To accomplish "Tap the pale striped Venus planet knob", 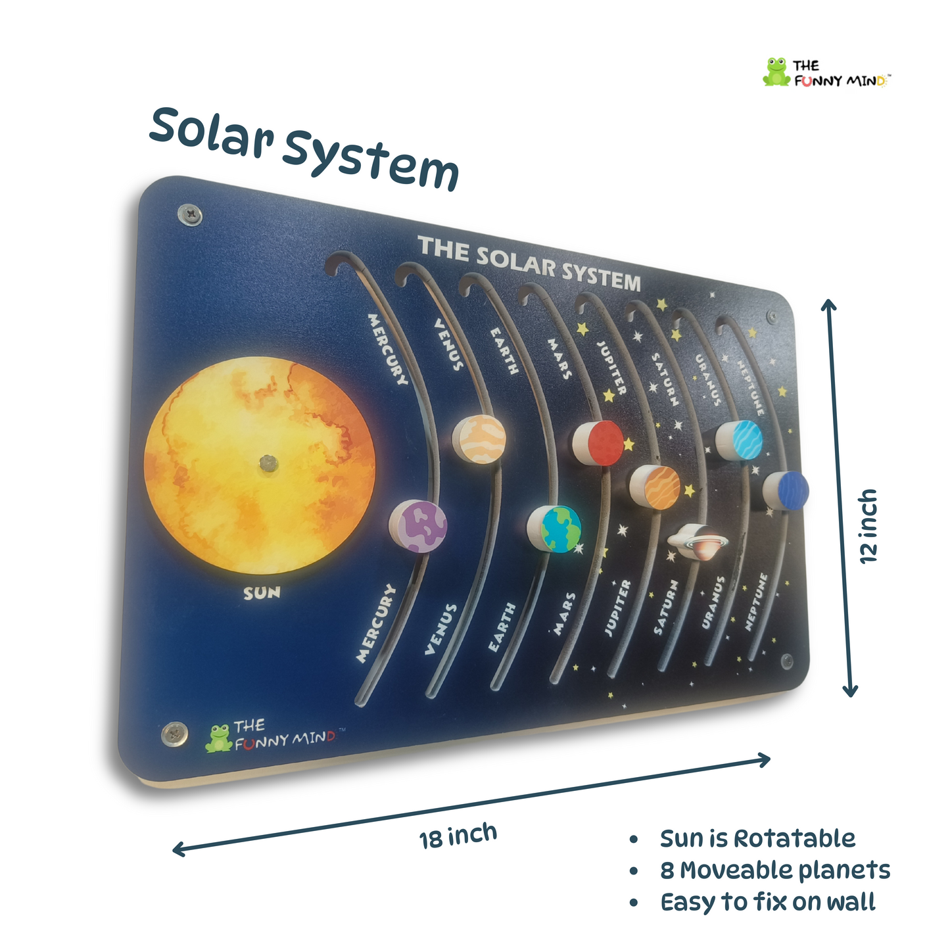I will click(x=480, y=439).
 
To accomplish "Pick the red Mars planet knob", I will click(x=599, y=442).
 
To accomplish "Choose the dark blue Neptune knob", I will click(x=787, y=490).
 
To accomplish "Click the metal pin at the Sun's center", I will click(x=268, y=463).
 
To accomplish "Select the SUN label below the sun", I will click(x=262, y=593).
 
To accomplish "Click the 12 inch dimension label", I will click(x=869, y=526).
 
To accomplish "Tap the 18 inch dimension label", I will click(x=458, y=836).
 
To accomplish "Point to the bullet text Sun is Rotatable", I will click(x=757, y=839).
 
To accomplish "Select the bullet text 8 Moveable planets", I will click(x=774, y=870).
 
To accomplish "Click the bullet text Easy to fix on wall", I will click(x=767, y=902).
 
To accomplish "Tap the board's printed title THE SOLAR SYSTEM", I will click(x=529, y=264).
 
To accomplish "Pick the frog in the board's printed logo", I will click(x=219, y=738).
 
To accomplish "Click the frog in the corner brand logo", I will click(x=776, y=72).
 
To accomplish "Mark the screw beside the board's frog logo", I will click(x=174, y=734).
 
